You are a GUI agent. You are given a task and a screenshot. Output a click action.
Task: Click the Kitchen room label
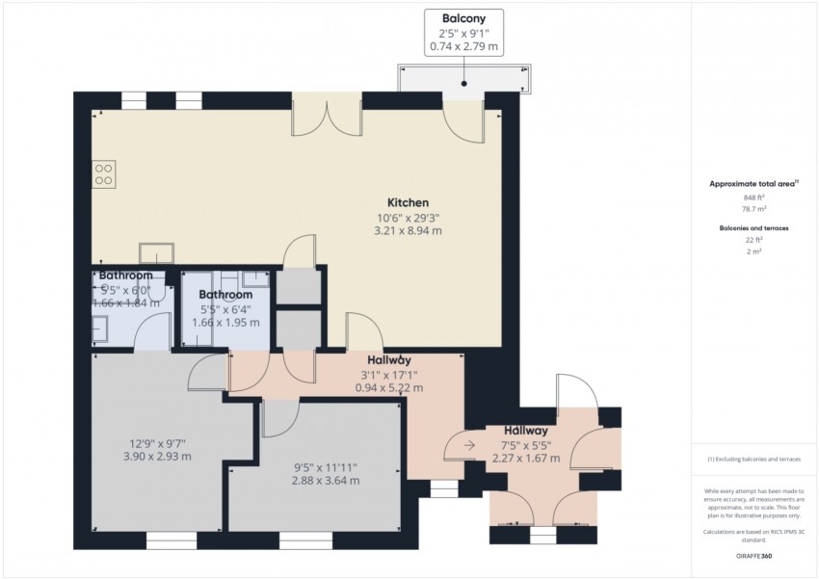click(408, 203)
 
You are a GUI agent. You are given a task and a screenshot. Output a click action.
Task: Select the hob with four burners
click(103, 173)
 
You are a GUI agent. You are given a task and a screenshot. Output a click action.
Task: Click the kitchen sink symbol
click(156, 253)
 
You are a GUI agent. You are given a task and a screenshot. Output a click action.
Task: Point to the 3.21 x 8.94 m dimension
click(408, 231)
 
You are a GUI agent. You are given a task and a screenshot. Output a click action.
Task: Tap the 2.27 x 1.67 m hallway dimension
click(525, 459)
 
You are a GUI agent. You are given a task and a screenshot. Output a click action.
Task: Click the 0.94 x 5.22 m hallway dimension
click(389, 388)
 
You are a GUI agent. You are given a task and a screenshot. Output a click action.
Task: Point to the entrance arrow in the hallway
click(468, 445)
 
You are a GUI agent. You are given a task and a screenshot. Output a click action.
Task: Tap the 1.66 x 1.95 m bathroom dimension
click(225, 322)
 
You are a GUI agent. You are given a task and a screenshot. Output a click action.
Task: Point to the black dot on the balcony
click(463, 85)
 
